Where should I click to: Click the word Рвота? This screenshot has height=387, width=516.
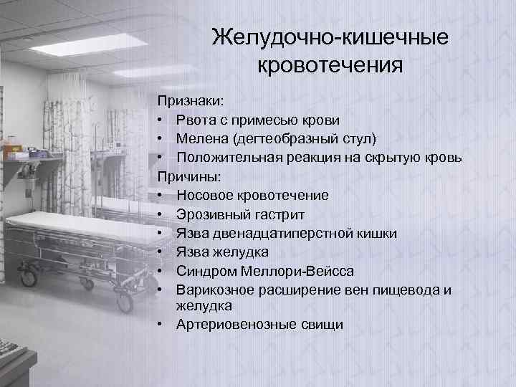click(195, 120)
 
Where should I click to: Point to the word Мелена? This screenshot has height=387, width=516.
click(201, 138)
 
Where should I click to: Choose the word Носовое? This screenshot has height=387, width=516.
click(202, 195)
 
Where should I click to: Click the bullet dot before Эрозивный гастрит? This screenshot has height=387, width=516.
click(163, 214)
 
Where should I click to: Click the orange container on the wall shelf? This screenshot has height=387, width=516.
click(12, 151)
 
